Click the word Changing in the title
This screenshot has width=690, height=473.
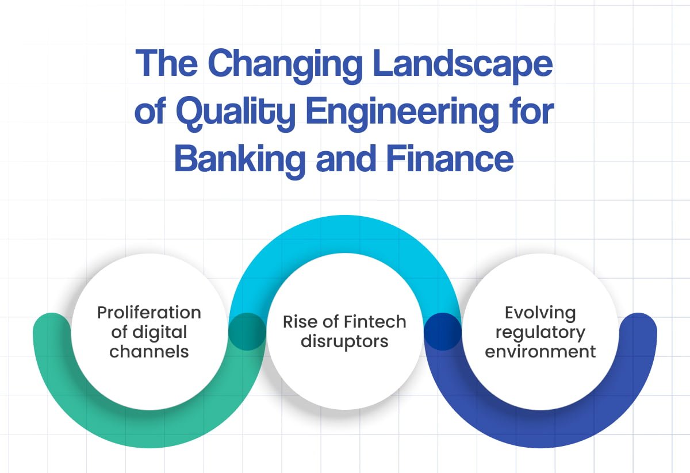point(285,66)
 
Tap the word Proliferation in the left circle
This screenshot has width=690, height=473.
point(149,313)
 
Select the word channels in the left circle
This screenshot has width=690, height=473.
point(149,351)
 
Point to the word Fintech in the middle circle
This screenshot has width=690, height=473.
point(375,322)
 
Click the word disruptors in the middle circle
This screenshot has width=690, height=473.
point(344,341)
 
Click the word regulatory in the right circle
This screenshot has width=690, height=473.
point(540,333)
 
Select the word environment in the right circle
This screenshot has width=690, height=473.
point(540,351)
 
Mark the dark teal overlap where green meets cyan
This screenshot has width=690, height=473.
point(247,332)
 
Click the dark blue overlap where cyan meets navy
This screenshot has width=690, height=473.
point(443,332)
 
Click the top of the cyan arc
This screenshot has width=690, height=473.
point(345,234)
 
